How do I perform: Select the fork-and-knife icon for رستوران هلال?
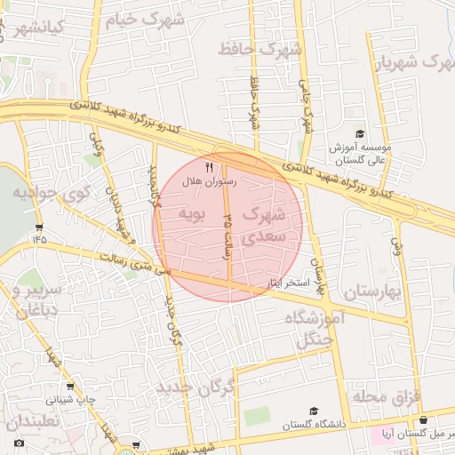tap(210, 167)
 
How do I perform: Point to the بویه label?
tap(193, 213)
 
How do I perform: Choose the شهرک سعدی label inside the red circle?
tap(264, 226)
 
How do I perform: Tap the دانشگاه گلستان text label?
tap(313, 426)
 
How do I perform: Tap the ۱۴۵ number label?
tap(39, 238)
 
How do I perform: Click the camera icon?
tap(19, 442)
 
